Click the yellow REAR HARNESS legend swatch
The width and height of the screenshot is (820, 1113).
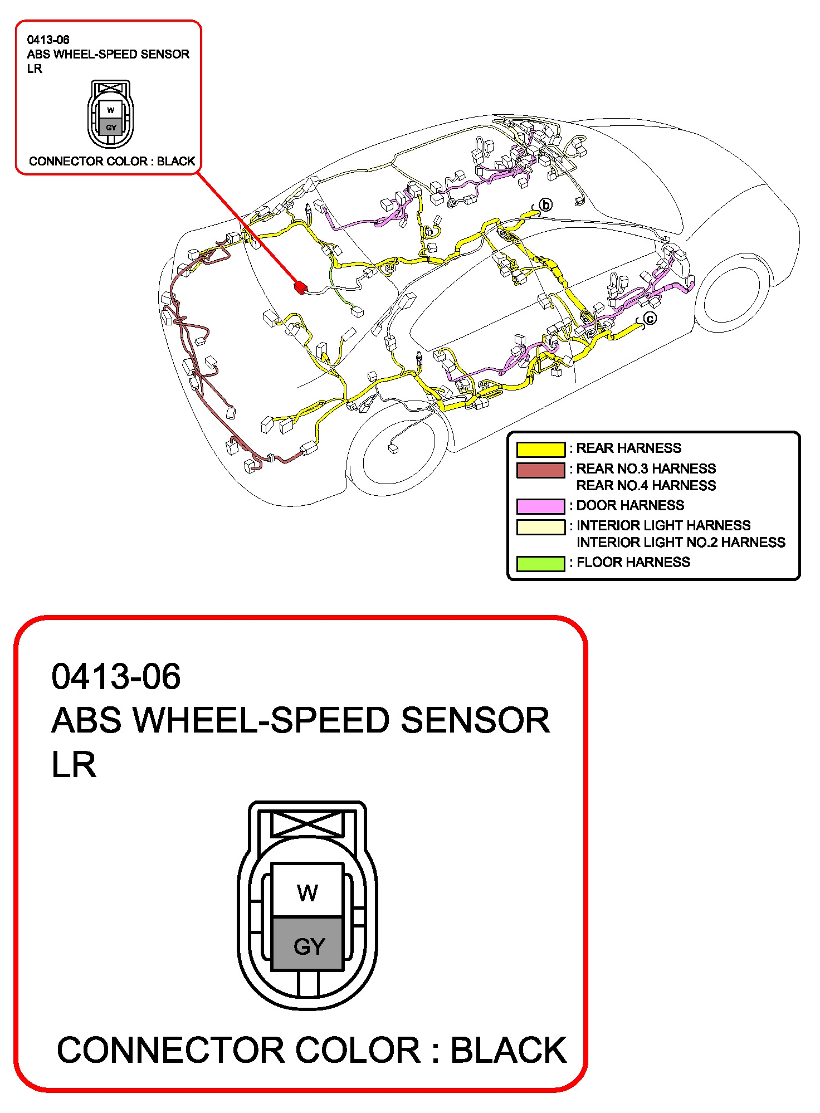coord(540,449)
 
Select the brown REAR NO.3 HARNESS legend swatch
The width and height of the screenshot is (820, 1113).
coord(540,470)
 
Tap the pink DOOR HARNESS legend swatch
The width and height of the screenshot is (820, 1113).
coord(540,506)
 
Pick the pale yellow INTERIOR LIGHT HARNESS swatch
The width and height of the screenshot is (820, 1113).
coord(540,527)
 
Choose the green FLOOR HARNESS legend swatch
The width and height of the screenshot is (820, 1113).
coord(540,563)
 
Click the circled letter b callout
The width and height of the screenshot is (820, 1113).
coord(546,205)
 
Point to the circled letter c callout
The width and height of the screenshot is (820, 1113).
coord(650,318)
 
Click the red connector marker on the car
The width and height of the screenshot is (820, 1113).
coord(300,287)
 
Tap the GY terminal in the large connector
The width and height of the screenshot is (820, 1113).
coord(307,944)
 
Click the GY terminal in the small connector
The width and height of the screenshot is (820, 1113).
coord(111,127)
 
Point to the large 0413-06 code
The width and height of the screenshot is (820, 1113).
coord(116,676)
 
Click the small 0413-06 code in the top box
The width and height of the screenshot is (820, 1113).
coord(48,40)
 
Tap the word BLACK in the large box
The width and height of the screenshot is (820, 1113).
coord(508,1050)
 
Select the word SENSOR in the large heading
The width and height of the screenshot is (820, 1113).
coord(475,720)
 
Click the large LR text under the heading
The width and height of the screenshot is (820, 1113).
coord(74,764)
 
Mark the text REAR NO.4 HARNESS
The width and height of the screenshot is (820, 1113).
coord(646,485)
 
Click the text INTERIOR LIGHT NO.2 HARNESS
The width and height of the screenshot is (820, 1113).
coord(681,542)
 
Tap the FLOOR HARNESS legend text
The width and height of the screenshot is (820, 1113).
coord(633,562)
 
